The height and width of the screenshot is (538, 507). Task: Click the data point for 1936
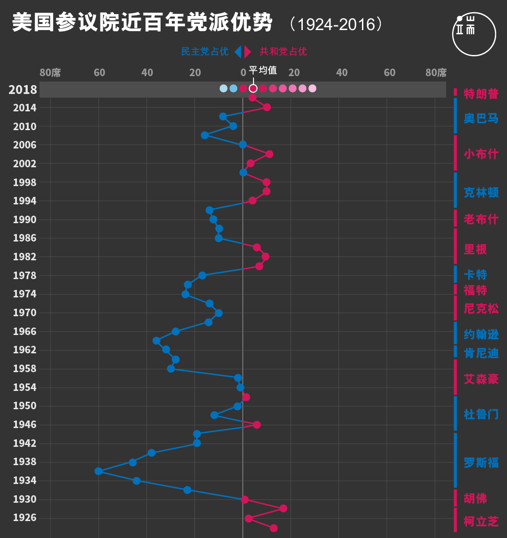tap(99, 471)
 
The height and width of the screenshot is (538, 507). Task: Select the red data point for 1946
tap(256, 425)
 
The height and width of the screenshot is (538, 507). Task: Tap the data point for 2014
tap(267, 107)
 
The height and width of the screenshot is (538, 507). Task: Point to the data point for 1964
tap(156, 341)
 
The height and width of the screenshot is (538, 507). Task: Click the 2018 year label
tap(23, 89)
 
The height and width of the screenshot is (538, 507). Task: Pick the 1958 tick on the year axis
tap(24, 368)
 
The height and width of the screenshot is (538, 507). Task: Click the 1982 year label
tap(24, 257)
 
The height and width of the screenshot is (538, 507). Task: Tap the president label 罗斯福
tap(481, 462)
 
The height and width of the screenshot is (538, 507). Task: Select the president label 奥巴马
tap(481, 118)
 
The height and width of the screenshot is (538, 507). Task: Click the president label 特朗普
tap(481, 93)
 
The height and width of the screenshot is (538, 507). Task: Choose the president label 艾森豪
tap(481, 379)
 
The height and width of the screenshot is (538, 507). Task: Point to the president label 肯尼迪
tap(481, 353)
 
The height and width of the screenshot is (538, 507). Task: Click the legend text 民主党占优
tap(205, 51)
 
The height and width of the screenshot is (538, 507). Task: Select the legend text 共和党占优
tap(283, 51)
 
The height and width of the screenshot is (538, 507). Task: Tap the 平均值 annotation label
tap(263, 70)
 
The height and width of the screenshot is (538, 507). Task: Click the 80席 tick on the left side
tap(50, 72)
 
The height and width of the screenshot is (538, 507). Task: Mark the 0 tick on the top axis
tap(243, 72)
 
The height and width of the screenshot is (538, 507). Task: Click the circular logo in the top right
tap(474, 34)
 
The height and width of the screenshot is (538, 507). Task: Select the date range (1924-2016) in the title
tap(336, 24)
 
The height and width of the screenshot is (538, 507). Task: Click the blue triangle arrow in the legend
tap(238, 51)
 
